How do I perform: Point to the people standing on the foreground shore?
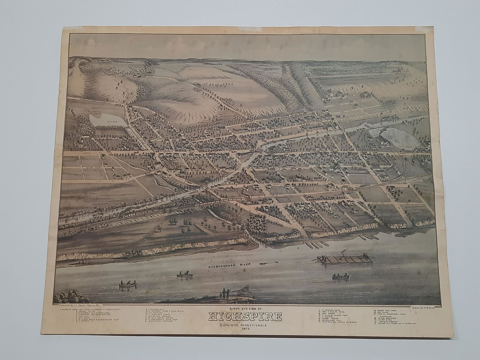tap(223, 294)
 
